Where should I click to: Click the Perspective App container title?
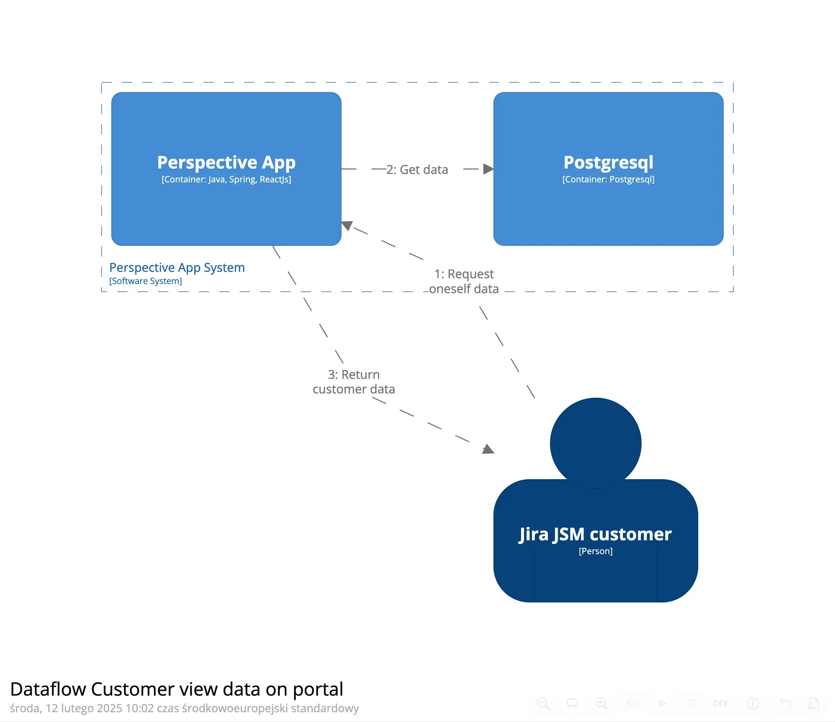coord(226,162)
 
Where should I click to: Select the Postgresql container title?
coord(608,162)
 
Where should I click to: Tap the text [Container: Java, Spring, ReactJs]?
coord(226,179)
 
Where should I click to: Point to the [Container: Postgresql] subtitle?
coord(608,179)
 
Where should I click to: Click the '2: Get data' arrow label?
coord(417,170)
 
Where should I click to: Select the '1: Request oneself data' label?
coord(464,281)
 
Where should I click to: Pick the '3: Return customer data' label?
coord(354,382)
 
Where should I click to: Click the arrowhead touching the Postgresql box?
coord(488,169)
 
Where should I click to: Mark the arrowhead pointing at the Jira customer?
coord(488,449)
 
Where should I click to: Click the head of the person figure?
coord(595,443)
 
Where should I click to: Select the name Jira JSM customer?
coord(595,534)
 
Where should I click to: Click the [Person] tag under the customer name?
coord(595,551)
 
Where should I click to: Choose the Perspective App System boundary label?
coord(177,268)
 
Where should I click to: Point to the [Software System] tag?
coord(145,281)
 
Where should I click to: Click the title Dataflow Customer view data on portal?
coord(176,689)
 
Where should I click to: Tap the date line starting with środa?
coord(184,708)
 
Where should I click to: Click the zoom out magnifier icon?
coord(543,703)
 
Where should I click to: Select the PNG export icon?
coord(813,703)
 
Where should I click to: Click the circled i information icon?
coord(752,703)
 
